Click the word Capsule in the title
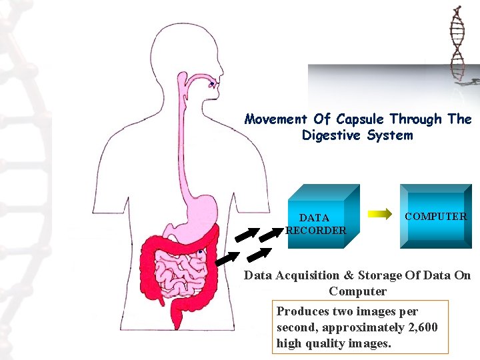click(x=360, y=120)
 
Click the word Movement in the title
click(x=276, y=120)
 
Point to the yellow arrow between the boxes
click(x=381, y=214)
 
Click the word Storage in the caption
click(x=380, y=275)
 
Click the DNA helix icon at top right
click(x=457, y=43)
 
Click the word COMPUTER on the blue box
click(x=436, y=216)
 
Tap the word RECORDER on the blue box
click(x=316, y=231)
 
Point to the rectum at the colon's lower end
click(x=178, y=316)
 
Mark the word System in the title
click(x=391, y=136)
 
